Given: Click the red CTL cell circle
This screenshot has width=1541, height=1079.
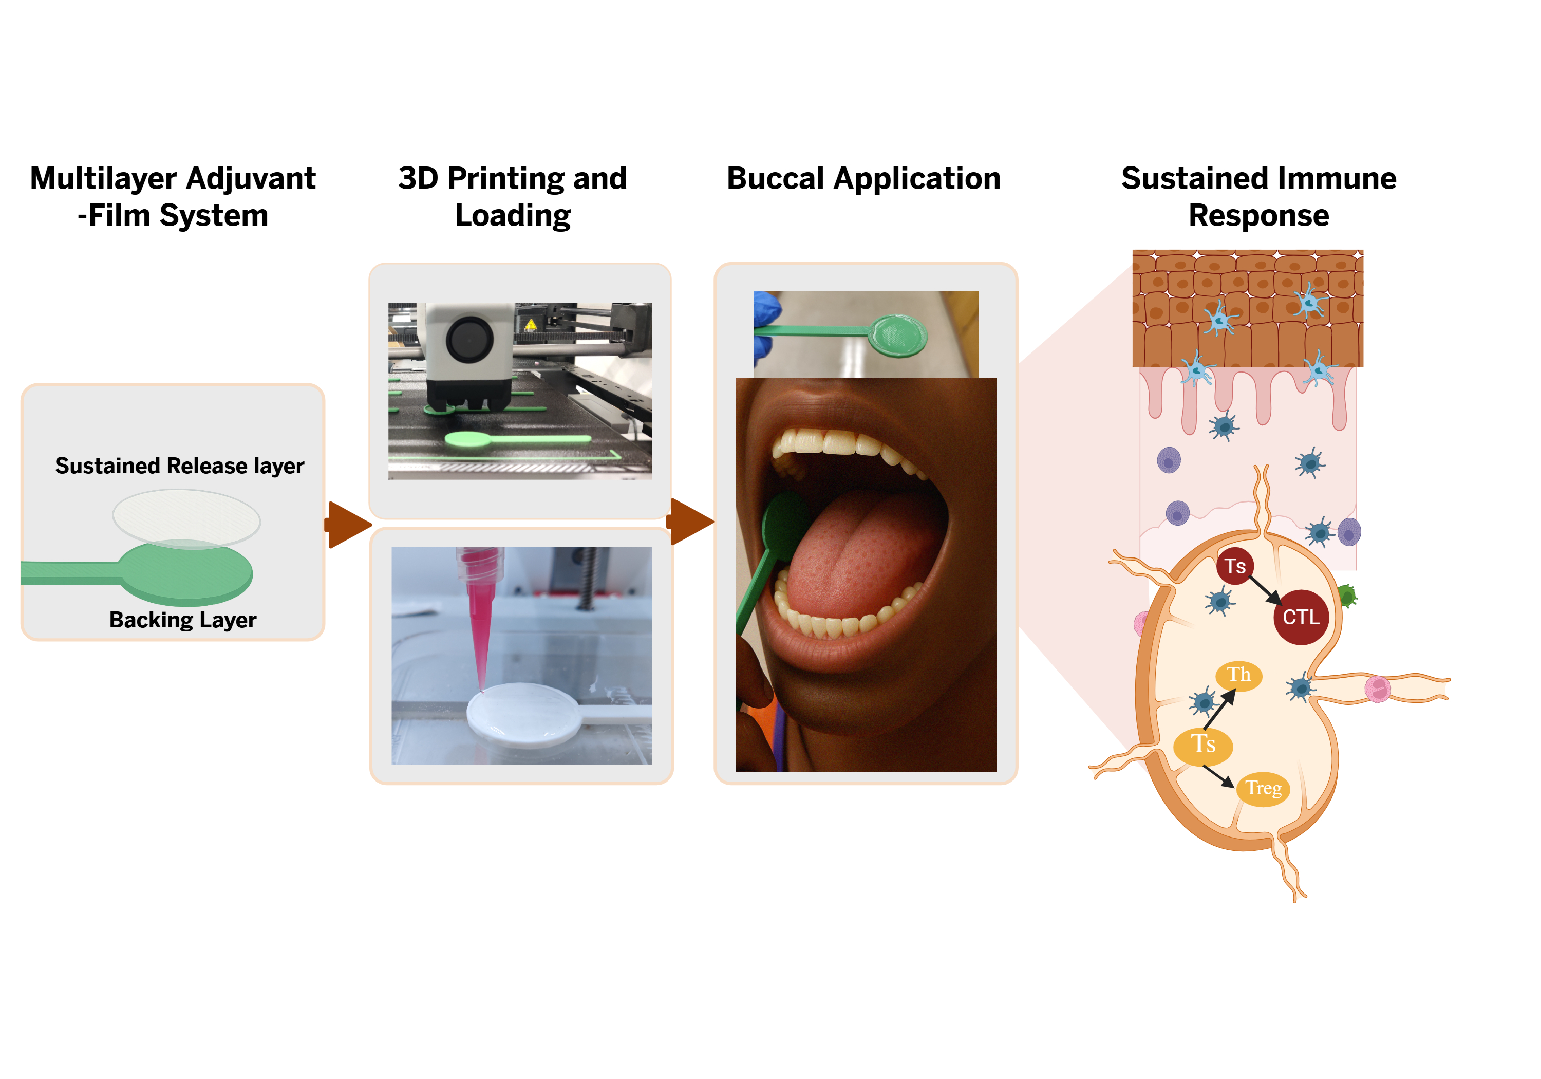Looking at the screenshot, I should (1301, 617).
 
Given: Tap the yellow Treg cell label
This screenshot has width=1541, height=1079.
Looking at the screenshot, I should (1263, 788).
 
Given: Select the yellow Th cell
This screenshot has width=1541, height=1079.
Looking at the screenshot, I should (1239, 674).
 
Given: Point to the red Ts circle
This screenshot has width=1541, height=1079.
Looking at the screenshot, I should (1235, 566).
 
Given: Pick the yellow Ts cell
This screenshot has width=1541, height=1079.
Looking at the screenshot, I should (1202, 745).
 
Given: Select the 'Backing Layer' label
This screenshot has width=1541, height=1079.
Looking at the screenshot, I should (182, 620).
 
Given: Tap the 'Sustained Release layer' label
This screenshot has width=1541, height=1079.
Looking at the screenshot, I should (179, 466).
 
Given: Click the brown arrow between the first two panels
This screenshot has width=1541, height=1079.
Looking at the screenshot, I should (348, 525).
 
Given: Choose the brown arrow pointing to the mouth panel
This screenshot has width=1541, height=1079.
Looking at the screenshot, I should (691, 521).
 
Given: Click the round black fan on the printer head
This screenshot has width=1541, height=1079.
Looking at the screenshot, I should (470, 339).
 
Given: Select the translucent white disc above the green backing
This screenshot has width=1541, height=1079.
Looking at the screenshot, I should (186, 518).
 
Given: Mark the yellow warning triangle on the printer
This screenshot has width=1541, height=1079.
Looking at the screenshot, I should (530, 326).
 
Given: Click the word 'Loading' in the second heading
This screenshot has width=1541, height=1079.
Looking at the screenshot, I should (513, 215).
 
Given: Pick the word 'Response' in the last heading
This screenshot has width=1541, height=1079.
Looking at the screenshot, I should (1258, 215).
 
